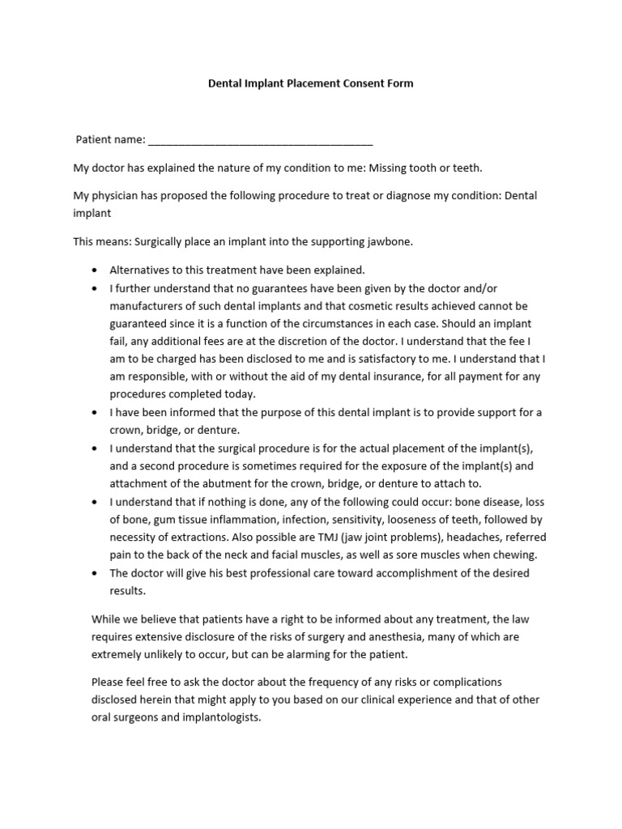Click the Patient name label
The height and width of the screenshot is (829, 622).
[x=110, y=139]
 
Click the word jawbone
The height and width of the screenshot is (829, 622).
[x=392, y=241]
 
